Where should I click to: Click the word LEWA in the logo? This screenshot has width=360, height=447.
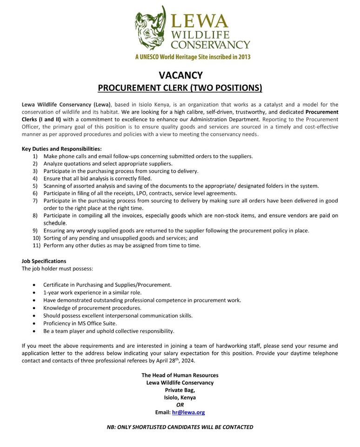click(200, 21)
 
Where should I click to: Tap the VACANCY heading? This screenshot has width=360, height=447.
click(180, 75)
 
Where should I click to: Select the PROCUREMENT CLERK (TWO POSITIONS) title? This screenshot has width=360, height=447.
click(180, 88)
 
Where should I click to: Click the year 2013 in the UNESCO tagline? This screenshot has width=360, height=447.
click(243, 57)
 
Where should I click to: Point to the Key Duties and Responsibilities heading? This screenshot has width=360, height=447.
click(61, 149)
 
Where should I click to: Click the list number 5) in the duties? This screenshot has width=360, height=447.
click(35, 186)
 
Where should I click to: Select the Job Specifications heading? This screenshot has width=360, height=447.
click(44, 261)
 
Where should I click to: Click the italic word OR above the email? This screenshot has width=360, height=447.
click(180, 405)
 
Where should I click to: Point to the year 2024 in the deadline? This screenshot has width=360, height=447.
click(187, 361)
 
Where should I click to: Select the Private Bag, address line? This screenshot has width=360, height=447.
click(180, 390)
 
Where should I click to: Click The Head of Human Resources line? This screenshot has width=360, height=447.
click(180, 375)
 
